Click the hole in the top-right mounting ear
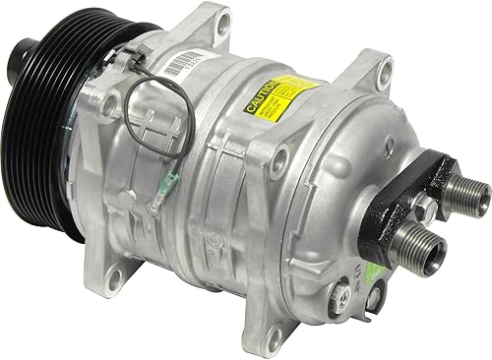[385, 68]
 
